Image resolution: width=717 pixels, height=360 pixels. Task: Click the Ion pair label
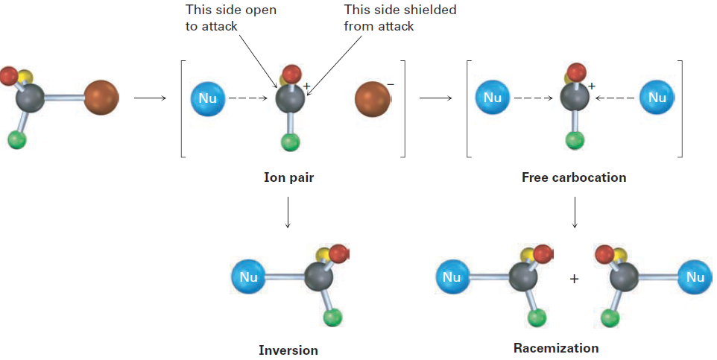click(288, 177)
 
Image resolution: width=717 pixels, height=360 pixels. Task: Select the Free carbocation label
click(574, 177)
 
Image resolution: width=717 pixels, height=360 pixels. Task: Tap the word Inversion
click(288, 350)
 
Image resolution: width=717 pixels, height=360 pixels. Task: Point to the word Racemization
click(556, 348)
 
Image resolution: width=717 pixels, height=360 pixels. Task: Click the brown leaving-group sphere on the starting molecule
click(101, 98)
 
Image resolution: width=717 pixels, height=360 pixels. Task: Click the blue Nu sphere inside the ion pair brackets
click(208, 98)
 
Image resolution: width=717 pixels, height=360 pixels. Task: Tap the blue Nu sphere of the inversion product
click(248, 277)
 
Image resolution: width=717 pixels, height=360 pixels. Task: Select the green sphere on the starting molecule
click(17, 139)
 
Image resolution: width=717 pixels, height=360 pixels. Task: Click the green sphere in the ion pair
click(290, 142)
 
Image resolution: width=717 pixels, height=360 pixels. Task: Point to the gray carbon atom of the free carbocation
click(575, 98)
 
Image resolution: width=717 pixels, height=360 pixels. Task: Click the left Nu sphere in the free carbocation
click(493, 98)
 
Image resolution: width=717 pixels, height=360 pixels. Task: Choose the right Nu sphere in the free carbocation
click(657, 98)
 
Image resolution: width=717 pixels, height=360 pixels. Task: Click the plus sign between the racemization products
click(575, 279)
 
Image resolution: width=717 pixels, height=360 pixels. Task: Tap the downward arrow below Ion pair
click(288, 212)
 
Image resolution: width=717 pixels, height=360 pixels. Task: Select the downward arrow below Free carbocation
click(575, 212)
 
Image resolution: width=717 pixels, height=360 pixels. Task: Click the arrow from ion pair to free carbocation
click(435, 98)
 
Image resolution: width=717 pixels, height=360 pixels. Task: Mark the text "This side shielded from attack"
click(400, 18)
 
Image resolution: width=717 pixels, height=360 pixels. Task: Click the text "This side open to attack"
click(231, 18)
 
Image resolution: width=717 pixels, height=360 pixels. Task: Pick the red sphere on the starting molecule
click(9, 76)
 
